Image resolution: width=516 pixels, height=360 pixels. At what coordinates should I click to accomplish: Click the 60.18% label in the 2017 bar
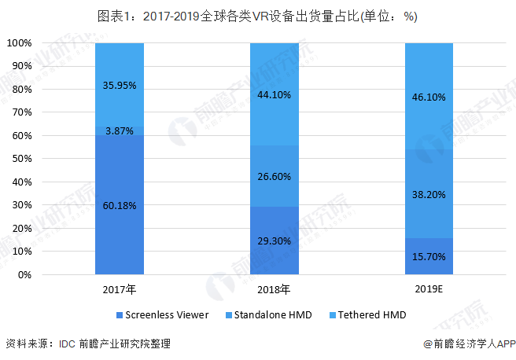pyautogui.click(x=120, y=206)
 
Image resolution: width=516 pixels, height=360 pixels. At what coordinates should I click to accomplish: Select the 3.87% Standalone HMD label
pyautogui.click(x=120, y=129)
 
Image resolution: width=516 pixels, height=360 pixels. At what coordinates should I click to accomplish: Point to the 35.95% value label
pyautogui.click(x=120, y=86)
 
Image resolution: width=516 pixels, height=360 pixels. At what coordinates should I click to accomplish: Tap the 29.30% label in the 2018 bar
pyautogui.click(x=275, y=241)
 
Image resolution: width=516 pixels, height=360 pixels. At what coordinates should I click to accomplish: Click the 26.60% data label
pyautogui.click(x=275, y=177)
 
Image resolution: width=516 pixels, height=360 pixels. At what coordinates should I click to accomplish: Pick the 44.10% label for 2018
pyautogui.click(x=275, y=95)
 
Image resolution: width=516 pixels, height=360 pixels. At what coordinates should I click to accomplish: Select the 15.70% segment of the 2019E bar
pyautogui.click(x=429, y=257)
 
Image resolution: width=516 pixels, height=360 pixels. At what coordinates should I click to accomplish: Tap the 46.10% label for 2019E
pyautogui.click(x=429, y=97)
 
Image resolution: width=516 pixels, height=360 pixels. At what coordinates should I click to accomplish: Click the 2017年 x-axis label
pyautogui.click(x=120, y=289)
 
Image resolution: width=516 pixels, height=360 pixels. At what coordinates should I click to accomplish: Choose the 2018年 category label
pyautogui.click(x=275, y=289)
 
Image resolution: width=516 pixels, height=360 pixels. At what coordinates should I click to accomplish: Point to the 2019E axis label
pyautogui.click(x=429, y=289)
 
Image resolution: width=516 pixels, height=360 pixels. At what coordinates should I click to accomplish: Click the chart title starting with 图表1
pyautogui.click(x=257, y=16)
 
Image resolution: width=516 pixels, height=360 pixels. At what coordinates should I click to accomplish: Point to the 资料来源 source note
pyautogui.click(x=87, y=343)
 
